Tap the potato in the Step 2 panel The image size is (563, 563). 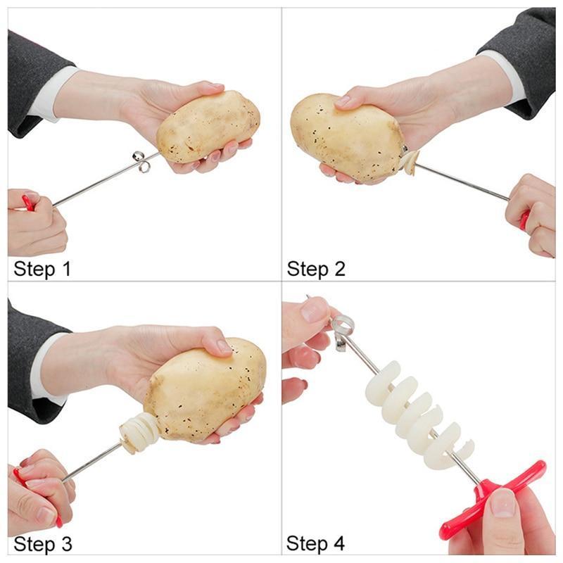pos(346,137)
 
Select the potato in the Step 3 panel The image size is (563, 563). pos(205,390)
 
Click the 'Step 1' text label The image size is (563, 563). pos(42,269)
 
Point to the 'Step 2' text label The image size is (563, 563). pos(316,269)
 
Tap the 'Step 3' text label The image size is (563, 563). pos(43,543)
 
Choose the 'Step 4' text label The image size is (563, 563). pos(315,543)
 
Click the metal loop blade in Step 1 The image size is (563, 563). pos(141,161)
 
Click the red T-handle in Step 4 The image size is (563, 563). pos(492,499)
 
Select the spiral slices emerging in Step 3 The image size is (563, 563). pos(138,433)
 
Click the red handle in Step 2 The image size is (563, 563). pos(524,220)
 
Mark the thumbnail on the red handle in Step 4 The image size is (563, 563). pos(502,502)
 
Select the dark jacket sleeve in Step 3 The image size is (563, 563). pos(34,362)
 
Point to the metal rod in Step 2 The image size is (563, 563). pos(462,182)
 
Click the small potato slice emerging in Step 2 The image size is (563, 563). pos(410,163)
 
